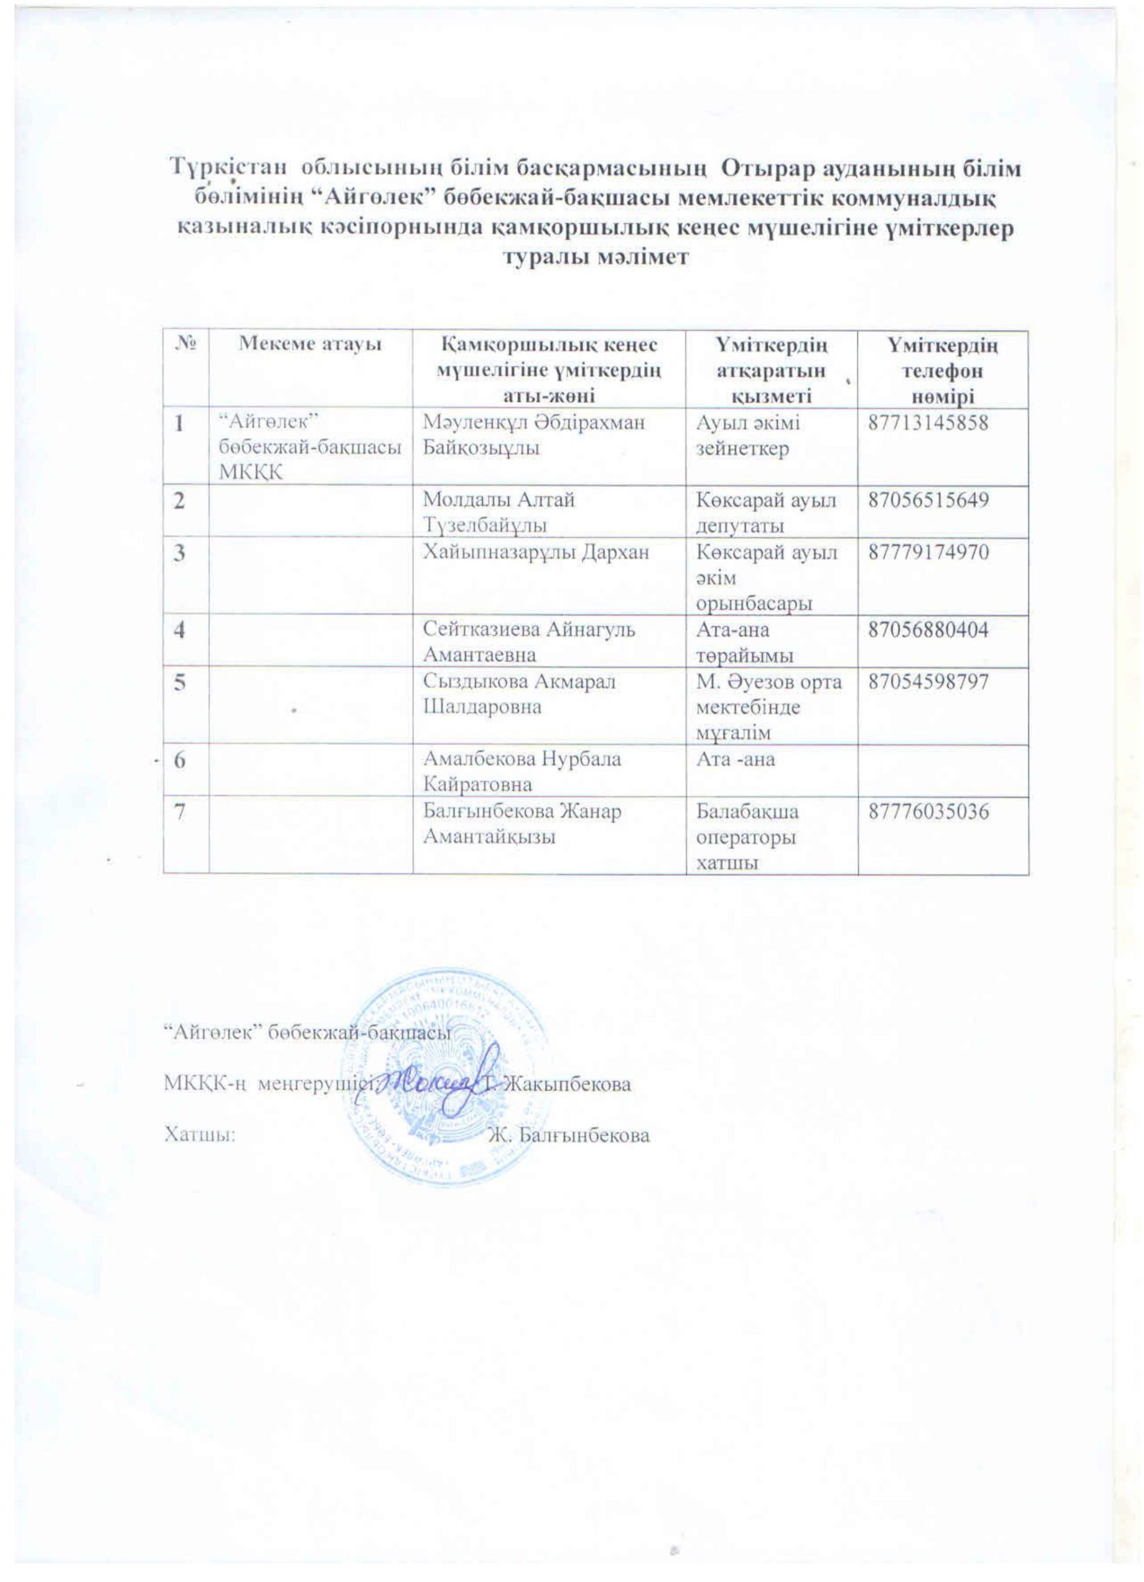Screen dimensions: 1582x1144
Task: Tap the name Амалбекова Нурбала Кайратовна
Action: (x=523, y=771)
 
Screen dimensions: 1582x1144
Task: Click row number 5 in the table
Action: (x=180, y=683)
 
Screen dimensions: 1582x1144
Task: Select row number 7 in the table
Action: (x=180, y=813)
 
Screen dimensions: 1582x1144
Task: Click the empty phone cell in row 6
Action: (x=943, y=771)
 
